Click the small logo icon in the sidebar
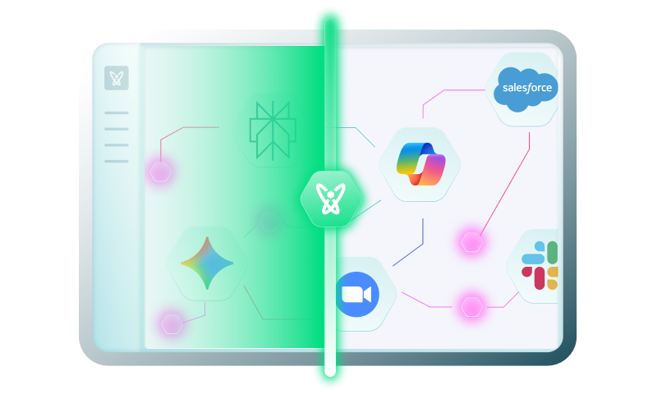[117, 79]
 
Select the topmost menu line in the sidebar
[117, 112]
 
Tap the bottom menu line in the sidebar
[117, 161]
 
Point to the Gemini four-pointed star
[207, 263]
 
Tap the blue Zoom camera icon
[356, 295]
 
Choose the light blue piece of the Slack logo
[531, 256]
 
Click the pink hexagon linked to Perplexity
[159, 172]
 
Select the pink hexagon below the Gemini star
[171, 323]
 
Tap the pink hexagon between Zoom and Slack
[471, 306]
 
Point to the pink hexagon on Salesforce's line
[471, 242]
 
